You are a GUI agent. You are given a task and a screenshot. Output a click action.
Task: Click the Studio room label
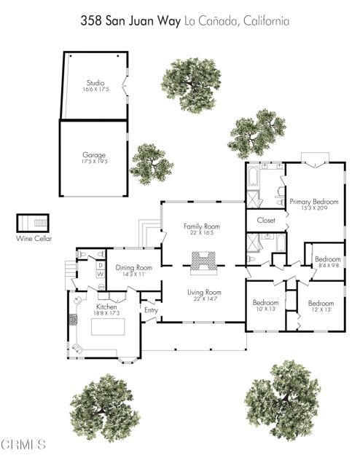[95, 82]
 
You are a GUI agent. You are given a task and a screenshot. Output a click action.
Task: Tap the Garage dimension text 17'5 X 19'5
[95, 162]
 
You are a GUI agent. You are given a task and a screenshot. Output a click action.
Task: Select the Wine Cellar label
[34, 238]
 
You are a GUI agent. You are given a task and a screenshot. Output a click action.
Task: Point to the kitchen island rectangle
[108, 327]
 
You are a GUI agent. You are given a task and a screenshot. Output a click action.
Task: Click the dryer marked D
[101, 265]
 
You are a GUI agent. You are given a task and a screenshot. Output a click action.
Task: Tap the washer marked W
[101, 274]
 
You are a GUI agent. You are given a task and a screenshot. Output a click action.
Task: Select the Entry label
[151, 310]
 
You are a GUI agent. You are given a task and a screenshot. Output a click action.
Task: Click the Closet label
[266, 220]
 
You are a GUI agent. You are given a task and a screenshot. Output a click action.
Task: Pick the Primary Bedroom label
[314, 202]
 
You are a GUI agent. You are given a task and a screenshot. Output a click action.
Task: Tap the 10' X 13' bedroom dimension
[265, 309]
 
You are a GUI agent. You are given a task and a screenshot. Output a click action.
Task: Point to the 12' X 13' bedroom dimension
[321, 309]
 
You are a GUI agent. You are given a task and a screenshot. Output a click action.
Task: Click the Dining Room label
[134, 267]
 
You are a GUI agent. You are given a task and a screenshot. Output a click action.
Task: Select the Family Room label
[202, 226]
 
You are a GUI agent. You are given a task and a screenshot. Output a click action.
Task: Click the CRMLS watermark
[23, 445]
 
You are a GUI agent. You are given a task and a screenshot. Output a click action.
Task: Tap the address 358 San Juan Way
[130, 21]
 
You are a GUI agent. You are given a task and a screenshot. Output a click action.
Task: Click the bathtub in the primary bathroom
[253, 176]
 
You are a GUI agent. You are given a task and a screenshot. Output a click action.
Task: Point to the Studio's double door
[125, 86]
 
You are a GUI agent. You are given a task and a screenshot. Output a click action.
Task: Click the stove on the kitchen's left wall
[73, 320]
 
